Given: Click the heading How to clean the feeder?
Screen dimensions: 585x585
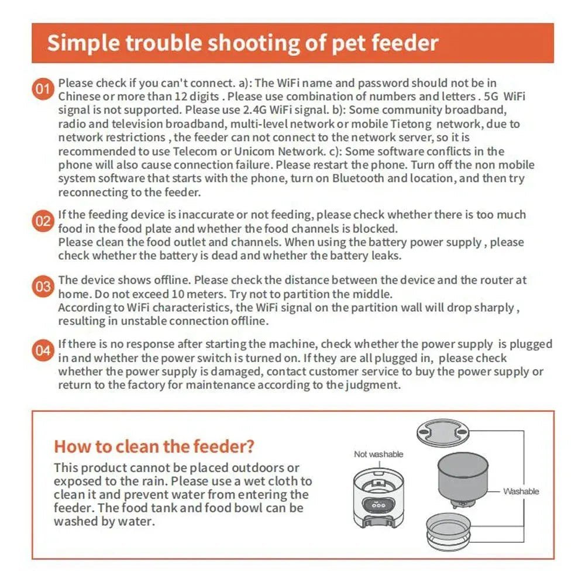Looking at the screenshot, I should pos(154,447).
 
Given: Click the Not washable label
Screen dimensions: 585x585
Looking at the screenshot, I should pos(378,454).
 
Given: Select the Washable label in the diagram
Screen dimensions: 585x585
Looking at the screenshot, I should pos(521,491).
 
